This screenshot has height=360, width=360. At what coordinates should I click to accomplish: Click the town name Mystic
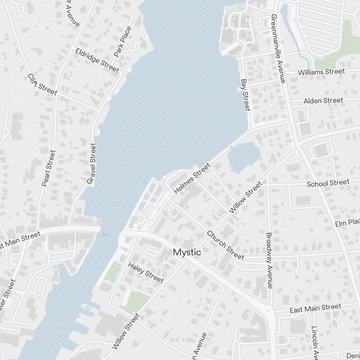pos(187,252)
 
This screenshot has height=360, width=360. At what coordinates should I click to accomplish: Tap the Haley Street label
pos(146,272)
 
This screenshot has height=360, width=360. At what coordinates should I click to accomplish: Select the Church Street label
pos(225,245)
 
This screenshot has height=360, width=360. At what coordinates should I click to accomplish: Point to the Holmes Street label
pos(192,179)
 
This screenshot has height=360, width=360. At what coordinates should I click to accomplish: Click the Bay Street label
pos(245,95)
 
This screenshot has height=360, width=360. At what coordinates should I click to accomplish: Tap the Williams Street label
pos(321,72)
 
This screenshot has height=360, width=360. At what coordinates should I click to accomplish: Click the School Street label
pos(328,183)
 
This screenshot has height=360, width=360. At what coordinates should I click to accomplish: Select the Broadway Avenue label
pos(269,260)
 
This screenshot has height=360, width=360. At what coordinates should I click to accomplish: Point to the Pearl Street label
pos(49,168)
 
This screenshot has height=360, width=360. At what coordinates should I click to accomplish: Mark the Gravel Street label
pos(92,164)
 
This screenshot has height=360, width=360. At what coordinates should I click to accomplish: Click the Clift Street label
pos(42,85)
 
